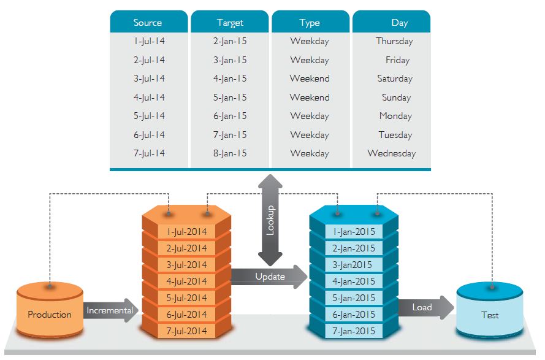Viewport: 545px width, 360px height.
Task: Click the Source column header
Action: tap(148, 23)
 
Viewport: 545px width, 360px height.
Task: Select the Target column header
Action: tap(230, 23)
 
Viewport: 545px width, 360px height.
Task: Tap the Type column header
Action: tap(310, 23)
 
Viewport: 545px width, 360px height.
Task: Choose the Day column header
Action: tap(399, 23)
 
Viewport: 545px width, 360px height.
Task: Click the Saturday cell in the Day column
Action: tap(395, 79)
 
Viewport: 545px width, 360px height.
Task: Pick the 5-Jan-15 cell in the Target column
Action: tap(230, 98)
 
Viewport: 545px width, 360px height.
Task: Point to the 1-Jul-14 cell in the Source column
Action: tap(149, 41)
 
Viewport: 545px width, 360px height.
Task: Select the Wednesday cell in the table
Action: tap(392, 153)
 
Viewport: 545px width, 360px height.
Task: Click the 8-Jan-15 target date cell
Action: tap(230, 153)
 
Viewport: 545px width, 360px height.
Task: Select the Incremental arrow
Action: tap(110, 310)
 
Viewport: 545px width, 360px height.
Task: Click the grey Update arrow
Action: tap(270, 277)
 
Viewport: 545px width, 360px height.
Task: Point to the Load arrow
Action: tap(422, 307)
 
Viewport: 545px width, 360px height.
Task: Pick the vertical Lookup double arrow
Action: tap(270, 220)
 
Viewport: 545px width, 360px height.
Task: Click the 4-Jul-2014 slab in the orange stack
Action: tap(186, 281)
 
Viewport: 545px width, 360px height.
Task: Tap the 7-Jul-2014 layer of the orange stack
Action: tap(186, 331)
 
